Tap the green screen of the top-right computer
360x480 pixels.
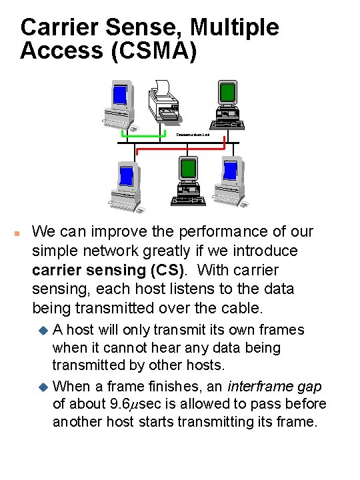pyautogui.click(x=228, y=91)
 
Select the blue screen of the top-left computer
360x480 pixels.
pyautogui.click(x=120, y=95)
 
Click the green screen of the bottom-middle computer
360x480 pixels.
pyautogui.click(x=188, y=169)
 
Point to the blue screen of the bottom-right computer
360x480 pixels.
pyautogui.click(x=231, y=171)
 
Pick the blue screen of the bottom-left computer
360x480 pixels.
pyautogui.click(x=125, y=175)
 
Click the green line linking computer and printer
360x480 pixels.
pyautogui.click(x=139, y=138)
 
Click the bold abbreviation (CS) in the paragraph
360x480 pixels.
pyautogui.click(x=163, y=271)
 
